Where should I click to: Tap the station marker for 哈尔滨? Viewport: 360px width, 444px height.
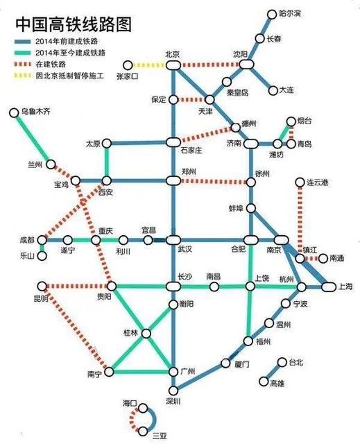(271, 14)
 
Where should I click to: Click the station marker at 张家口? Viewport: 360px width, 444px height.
(127, 65)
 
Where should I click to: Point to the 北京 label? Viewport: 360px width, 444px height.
(172, 54)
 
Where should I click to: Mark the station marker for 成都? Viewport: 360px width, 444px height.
(41, 240)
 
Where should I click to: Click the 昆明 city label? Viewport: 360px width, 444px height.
(40, 299)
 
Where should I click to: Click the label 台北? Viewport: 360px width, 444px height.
(296, 362)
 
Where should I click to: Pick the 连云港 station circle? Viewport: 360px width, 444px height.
(301, 183)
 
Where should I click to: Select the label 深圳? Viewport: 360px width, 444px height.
(172, 402)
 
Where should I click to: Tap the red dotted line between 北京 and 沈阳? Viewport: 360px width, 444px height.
(208, 65)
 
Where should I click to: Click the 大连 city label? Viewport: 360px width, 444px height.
(286, 90)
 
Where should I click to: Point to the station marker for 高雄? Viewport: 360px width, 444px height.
(263, 380)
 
